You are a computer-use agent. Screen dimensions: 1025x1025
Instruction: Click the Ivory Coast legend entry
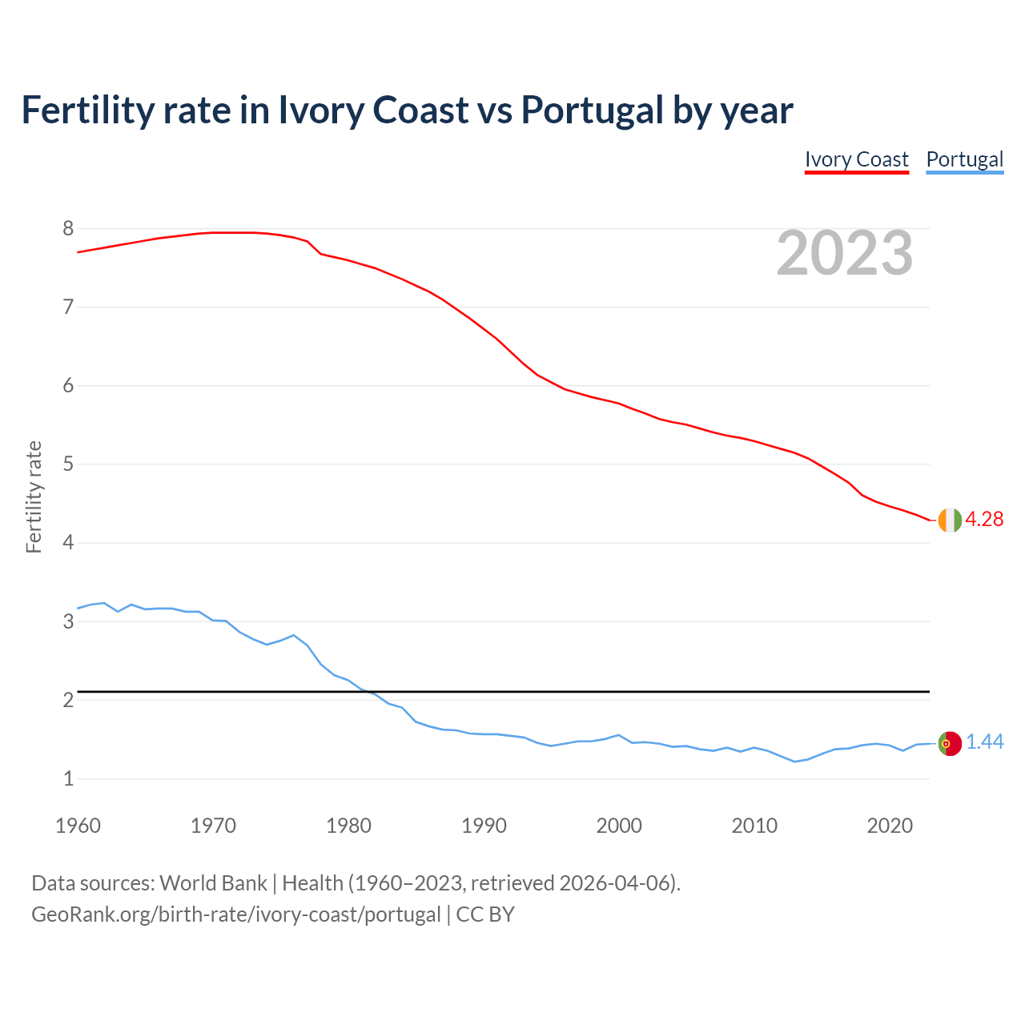[x=856, y=159]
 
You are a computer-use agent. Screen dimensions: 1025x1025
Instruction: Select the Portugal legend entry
[x=964, y=159]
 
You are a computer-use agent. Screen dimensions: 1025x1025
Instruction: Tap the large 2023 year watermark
[x=844, y=253]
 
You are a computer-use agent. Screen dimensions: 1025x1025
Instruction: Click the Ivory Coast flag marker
[x=949, y=520]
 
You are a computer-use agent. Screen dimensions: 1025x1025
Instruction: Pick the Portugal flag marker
[x=949, y=743]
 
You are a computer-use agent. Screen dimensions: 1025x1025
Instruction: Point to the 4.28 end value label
[x=984, y=519]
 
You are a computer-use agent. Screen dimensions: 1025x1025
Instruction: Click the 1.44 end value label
[x=984, y=742]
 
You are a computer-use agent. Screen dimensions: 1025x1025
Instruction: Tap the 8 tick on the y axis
[x=68, y=229]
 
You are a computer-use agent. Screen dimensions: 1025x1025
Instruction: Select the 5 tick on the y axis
[x=68, y=464]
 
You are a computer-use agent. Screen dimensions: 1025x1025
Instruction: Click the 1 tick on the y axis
[x=68, y=778]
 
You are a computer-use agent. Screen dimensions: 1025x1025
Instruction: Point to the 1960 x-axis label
[x=78, y=826]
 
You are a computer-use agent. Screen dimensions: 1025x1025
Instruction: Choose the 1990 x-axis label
[x=484, y=826]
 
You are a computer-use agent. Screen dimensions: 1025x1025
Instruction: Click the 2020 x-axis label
[x=890, y=826]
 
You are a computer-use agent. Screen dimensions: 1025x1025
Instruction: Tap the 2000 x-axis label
[x=619, y=826]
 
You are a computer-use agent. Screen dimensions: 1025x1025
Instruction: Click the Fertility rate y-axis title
[x=34, y=496]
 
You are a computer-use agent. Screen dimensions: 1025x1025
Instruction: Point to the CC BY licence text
[x=485, y=914]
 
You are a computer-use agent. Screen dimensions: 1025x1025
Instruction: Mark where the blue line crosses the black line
[x=368, y=691]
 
